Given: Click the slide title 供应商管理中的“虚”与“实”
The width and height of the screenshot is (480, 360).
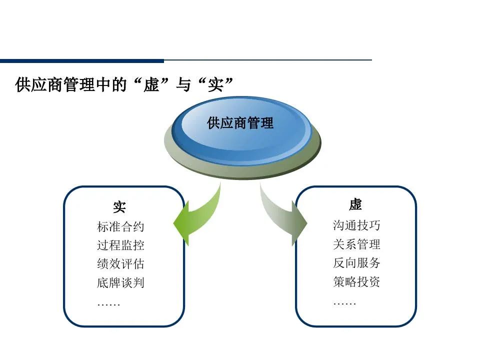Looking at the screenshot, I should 124,84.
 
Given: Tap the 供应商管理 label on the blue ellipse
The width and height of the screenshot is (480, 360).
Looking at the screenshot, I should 240,123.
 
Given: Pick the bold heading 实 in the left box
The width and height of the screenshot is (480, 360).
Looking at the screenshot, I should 119,207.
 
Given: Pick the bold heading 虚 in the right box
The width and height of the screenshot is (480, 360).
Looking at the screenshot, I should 355,204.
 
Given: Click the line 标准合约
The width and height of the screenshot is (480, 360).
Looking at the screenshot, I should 120,227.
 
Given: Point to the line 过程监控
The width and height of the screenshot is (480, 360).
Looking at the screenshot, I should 120,245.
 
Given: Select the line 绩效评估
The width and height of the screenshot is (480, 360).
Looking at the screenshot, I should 120,264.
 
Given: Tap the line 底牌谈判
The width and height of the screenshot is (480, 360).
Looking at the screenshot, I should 120,282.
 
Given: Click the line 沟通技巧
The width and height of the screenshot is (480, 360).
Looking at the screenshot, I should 356,225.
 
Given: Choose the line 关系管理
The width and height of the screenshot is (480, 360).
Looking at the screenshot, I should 356,244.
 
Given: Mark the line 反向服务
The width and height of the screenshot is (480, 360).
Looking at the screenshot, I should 356,262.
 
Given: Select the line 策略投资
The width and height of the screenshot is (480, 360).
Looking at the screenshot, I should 356,281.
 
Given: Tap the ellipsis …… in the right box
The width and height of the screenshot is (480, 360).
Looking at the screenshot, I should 344,303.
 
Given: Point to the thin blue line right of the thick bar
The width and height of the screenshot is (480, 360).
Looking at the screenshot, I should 267,60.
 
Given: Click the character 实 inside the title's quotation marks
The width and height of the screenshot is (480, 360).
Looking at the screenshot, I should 214,84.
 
